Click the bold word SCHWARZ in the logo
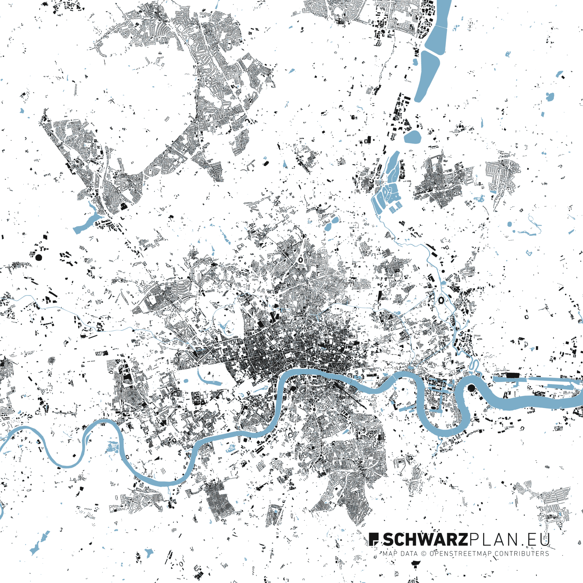click(x=426, y=539)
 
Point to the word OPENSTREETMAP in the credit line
click(x=460, y=554)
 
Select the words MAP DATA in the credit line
click(x=400, y=554)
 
